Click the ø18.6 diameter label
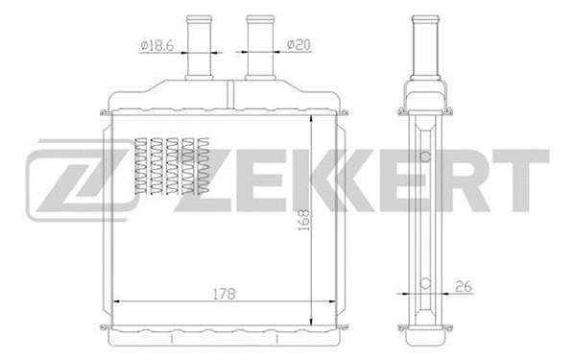pyautogui.click(x=156, y=45)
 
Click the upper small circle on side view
pyautogui.click(x=423, y=156)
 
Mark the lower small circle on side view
pyautogui.click(x=423, y=283)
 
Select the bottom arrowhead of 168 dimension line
pyautogui.click(x=314, y=322)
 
